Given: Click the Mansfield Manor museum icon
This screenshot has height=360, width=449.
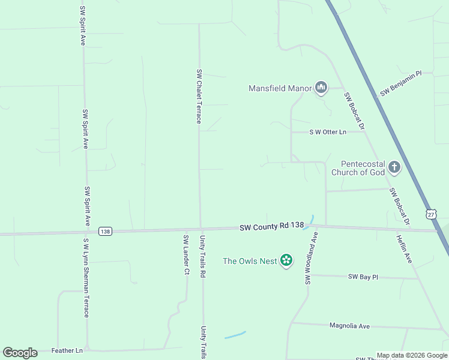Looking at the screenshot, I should pyautogui.click(x=321, y=88).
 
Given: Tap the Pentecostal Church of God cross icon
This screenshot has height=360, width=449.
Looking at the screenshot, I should pyautogui.click(x=394, y=167).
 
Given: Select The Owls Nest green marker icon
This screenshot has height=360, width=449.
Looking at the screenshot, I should pyautogui.click(x=286, y=260).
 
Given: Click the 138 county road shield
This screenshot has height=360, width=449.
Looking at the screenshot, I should pyautogui.click(x=106, y=231).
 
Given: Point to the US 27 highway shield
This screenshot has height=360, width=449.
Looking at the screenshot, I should pyautogui.click(x=430, y=214).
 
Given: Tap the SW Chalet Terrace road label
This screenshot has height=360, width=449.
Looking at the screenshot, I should pyautogui.click(x=199, y=96).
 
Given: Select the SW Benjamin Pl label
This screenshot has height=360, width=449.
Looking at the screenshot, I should pyautogui.click(x=402, y=83).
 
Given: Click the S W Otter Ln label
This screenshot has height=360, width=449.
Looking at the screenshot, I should pyautogui.click(x=328, y=132).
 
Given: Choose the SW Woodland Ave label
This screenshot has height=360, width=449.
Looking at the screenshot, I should pyautogui.click(x=310, y=258).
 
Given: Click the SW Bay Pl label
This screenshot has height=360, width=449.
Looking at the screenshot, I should pyautogui.click(x=364, y=277).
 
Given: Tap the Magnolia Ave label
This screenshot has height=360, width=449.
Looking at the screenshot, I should pyautogui.click(x=349, y=326).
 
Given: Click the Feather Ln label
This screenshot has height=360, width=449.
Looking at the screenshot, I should pyautogui.click(x=67, y=350).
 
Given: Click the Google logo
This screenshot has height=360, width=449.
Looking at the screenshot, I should pyautogui.click(x=20, y=353).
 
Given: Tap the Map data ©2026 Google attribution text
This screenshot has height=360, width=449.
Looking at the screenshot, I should pyautogui.click(x=412, y=356).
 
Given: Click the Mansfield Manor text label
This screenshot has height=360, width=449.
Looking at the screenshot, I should pyautogui.click(x=280, y=89).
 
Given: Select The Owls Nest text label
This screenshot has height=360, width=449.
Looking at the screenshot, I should pyautogui.click(x=250, y=261).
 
